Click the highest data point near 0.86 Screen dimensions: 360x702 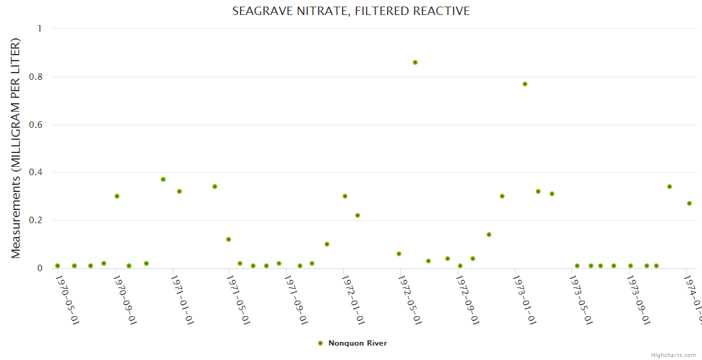415,62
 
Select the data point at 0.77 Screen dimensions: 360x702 525,84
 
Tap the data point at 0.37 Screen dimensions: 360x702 163,179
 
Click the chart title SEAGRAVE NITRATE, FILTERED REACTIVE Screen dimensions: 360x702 351,11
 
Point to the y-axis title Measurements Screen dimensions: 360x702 16,148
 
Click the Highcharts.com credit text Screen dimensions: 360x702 673,355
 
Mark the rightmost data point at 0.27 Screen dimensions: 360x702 689,203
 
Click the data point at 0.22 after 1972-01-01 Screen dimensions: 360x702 358,215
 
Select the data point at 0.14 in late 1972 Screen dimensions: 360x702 489,235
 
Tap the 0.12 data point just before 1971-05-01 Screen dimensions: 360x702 229,239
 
